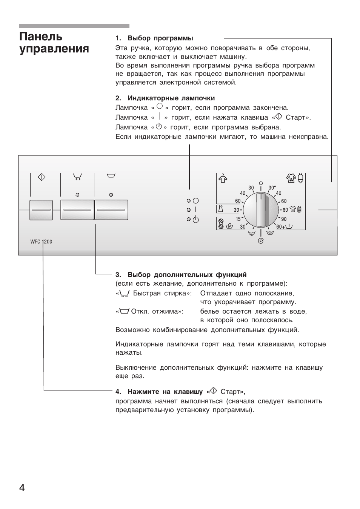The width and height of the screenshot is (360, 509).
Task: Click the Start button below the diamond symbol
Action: click(41, 210)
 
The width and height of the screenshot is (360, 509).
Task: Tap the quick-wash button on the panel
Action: click(77, 210)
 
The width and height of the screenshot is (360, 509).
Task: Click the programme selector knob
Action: click(261, 210)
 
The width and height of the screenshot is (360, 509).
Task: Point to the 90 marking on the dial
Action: click(284, 219)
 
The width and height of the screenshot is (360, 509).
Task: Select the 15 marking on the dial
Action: click(238, 219)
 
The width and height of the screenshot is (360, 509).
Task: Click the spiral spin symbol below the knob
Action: click(260, 241)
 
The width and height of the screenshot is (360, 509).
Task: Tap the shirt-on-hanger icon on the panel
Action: click(223, 178)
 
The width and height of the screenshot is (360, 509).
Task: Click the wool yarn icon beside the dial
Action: click(221, 224)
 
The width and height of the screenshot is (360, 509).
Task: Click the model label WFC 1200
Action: click(41, 241)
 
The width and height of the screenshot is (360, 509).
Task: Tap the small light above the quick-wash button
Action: click(77, 195)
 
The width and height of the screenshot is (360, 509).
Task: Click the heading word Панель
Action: click(41, 37)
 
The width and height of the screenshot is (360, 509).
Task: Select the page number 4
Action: click(22, 488)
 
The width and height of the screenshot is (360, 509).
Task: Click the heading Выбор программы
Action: click(160, 38)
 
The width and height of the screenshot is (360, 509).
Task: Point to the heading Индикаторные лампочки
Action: click(171, 98)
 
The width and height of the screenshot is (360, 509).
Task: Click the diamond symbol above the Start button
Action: click(42, 177)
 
